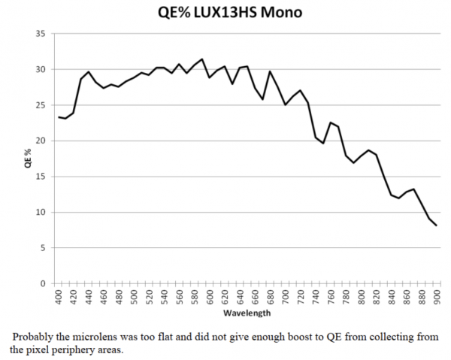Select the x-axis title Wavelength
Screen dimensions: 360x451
247,313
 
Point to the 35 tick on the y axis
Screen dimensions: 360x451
41,34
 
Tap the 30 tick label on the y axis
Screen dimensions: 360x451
41,69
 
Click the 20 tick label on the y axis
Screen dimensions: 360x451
41,141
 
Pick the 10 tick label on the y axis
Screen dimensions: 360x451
41,212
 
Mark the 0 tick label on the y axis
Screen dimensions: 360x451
43,283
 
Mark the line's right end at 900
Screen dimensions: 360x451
437,225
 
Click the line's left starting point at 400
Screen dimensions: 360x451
59,116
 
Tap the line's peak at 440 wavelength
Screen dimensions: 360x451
89,72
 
